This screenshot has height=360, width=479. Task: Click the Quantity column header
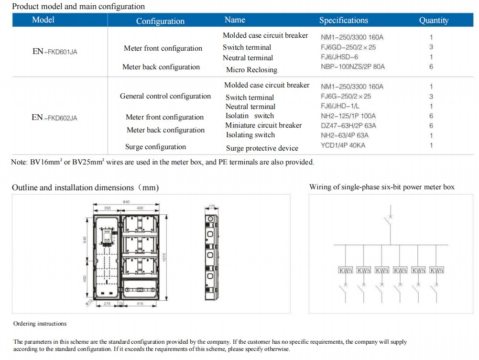[x=434, y=20]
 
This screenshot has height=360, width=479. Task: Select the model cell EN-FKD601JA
[x=54, y=52]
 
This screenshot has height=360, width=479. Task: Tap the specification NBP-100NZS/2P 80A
[x=352, y=67]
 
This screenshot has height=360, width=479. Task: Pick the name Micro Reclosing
[x=251, y=70]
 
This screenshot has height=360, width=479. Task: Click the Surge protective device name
[x=262, y=148]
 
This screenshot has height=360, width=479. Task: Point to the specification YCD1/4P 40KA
[x=343, y=145]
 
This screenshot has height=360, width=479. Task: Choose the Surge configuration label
[x=155, y=147]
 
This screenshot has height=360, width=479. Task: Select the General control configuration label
[x=165, y=96]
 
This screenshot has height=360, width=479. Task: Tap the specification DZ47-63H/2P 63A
[x=348, y=126]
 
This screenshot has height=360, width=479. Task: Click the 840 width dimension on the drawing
[x=127, y=202]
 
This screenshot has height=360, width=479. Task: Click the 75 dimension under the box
[x=121, y=304]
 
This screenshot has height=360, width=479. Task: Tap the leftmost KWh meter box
[x=346, y=271]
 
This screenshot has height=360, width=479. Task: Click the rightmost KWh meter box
[x=436, y=271]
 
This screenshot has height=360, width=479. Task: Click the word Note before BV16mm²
[x=19, y=162]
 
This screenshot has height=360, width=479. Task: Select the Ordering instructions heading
[x=40, y=324]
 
